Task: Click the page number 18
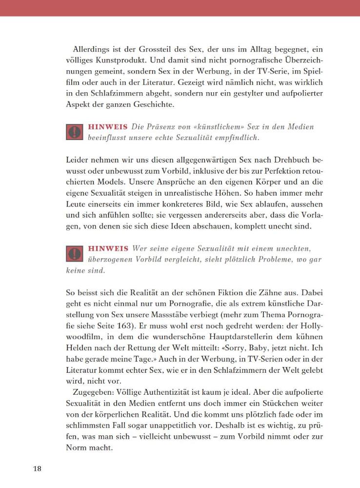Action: click(37, 469)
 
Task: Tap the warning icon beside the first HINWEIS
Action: click(75, 132)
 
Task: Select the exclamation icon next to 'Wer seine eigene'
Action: click(75, 254)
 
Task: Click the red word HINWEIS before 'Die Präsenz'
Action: click(108, 127)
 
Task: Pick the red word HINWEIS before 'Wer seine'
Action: click(108, 248)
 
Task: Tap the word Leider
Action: click(77, 160)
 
